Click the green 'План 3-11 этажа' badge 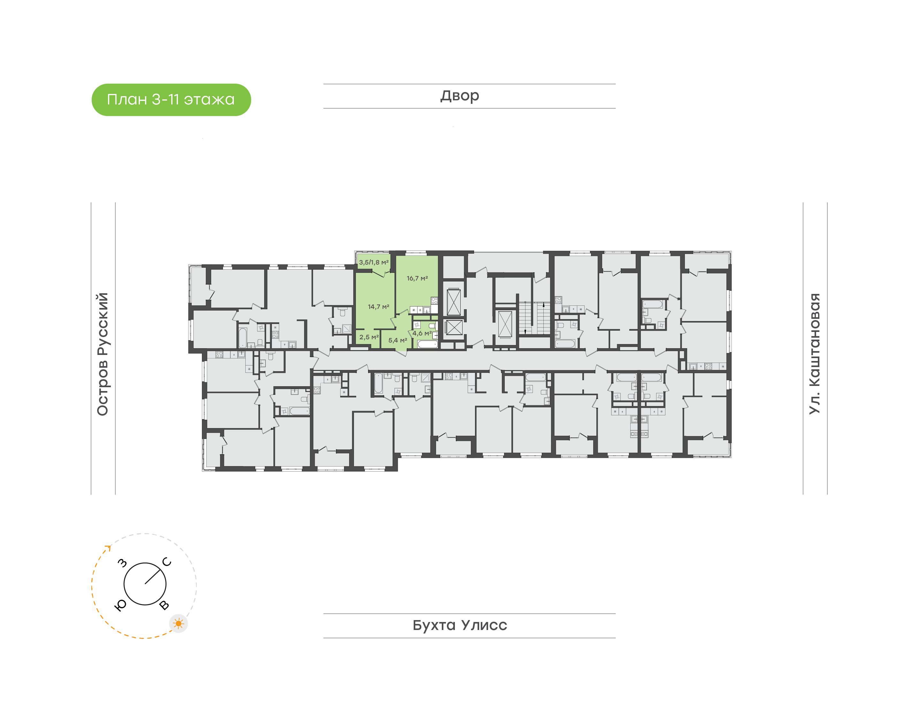(x=171, y=100)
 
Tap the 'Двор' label (x=460, y=96)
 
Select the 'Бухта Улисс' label (x=460, y=625)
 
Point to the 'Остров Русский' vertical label (x=103, y=354)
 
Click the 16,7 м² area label (x=417, y=278)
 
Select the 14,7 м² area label (x=378, y=306)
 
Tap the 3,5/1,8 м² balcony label (x=373, y=262)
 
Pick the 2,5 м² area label (x=369, y=337)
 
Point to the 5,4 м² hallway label (x=398, y=340)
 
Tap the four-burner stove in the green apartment (x=434, y=301)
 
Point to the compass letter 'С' (x=167, y=562)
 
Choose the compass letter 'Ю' (x=121, y=606)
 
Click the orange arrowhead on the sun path (x=108, y=548)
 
